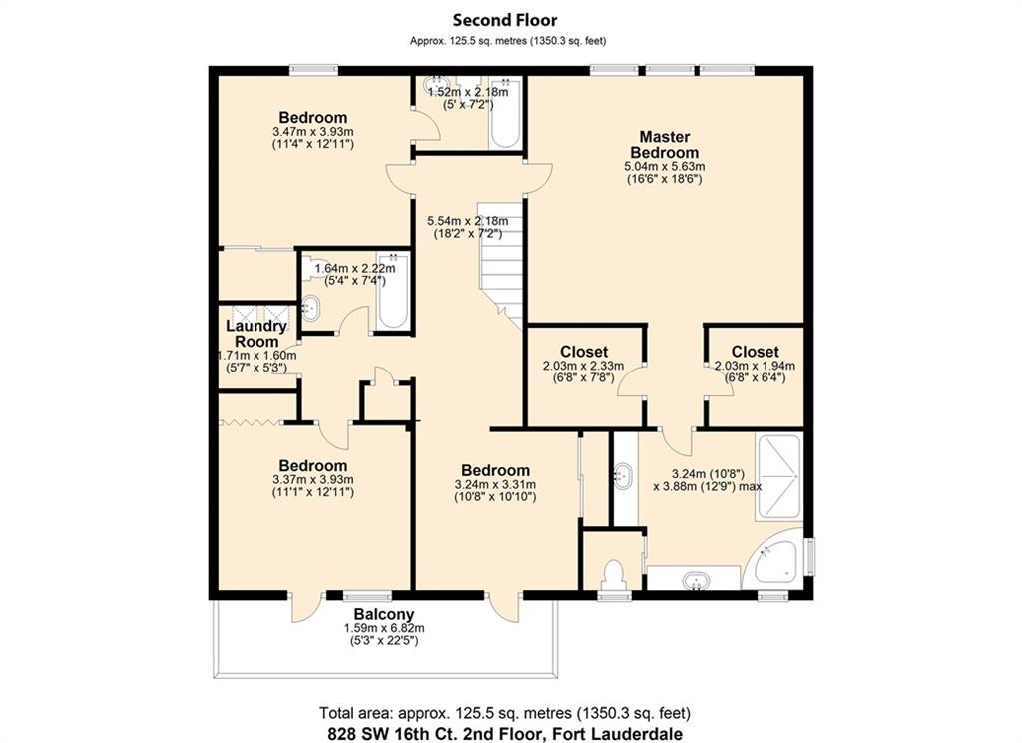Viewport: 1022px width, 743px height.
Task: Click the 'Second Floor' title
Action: pyautogui.click(x=505, y=20)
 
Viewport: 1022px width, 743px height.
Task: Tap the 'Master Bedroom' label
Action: pyautogui.click(x=664, y=144)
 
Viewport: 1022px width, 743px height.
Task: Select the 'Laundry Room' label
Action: pyautogui.click(x=256, y=334)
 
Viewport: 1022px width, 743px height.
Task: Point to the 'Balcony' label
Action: pyautogui.click(x=384, y=614)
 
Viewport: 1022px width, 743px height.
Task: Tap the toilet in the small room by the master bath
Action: pyautogui.click(x=614, y=574)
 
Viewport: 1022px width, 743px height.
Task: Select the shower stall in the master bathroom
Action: pyautogui.click(x=778, y=476)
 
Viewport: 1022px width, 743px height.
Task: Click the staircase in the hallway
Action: pyautogui.click(x=502, y=265)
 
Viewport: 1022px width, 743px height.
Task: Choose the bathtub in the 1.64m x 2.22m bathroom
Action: pyautogui.click(x=393, y=291)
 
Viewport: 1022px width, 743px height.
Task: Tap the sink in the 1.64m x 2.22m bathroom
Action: pyautogui.click(x=311, y=308)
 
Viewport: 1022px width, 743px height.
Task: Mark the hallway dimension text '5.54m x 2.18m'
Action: pyautogui.click(x=468, y=221)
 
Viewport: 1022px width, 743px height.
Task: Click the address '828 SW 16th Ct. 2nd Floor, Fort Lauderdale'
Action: pyautogui.click(x=505, y=733)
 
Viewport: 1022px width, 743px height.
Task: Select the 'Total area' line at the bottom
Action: pyautogui.click(x=505, y=713)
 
